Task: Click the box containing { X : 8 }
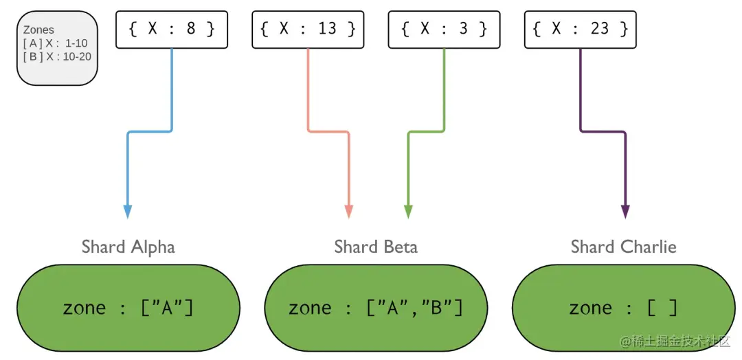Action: (171, 30)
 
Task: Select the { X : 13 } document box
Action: (307, 30)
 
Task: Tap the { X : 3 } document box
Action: (443, 30)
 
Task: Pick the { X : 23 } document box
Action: (580, 30)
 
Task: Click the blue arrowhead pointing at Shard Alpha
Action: (128, 211)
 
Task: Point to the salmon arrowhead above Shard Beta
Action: (348, 211)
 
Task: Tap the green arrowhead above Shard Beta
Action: (408, 211)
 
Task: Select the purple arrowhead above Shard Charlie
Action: (625, 211)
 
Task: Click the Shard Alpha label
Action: (128, 247)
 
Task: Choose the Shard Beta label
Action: (376, 247)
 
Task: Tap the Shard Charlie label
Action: (623, 247)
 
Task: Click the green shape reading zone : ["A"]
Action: (128, 307)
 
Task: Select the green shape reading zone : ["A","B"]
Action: (376, 307)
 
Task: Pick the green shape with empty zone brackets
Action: (624, 307)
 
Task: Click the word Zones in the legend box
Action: (38, 30)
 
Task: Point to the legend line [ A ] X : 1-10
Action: (55, 43)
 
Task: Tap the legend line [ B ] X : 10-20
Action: (57, 56)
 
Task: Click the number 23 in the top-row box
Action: (600, 29)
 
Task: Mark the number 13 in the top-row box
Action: (327, 29)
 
